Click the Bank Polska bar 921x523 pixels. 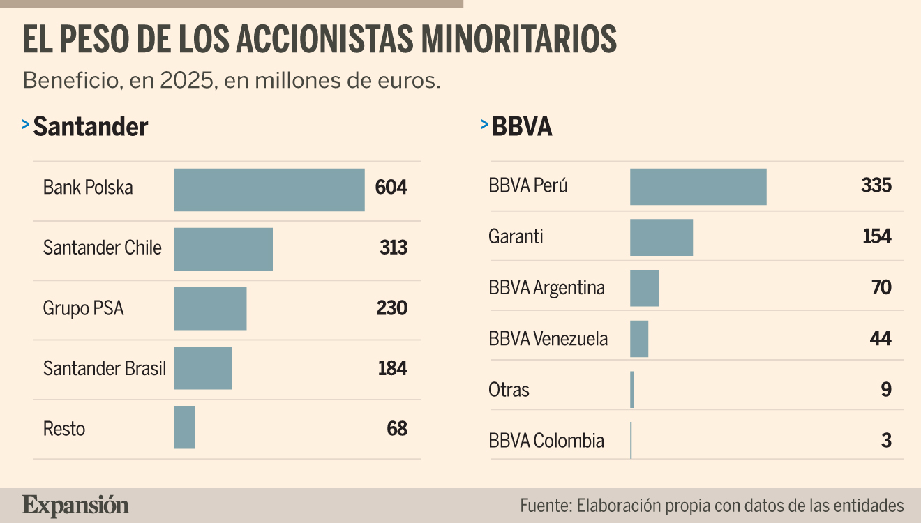click(x=269, y=190)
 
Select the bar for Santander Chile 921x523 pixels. click(x=223, y=249)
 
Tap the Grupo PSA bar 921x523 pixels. click(x=210, y=308)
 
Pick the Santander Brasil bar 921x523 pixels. click(x=203, y=367)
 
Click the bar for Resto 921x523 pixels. click(x=184, y=427)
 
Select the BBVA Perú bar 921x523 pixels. click(x=698, y=186)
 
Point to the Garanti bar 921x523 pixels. click(x=661, y=238)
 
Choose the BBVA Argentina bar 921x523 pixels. click(x=644, y=288)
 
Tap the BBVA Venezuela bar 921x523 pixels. click(x=639, y=339)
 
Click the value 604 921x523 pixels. click(x=391, y=188)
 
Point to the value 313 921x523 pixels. click(x=394, y=248)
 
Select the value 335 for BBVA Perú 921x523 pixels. click(x=876, y=185)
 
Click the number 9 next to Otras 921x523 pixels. click(x=886, y=389)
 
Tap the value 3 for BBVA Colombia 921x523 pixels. click(x=886, y=440)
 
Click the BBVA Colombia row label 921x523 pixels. click(x=546, y=441)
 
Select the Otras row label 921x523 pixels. click(x=509, y=390)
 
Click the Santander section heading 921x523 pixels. click(x=91, y=126)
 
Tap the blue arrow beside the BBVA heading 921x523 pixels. click(x=484, y=123)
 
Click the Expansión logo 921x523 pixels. click(x=75, y=506)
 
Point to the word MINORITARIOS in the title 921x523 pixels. click(x=519, y=39)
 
